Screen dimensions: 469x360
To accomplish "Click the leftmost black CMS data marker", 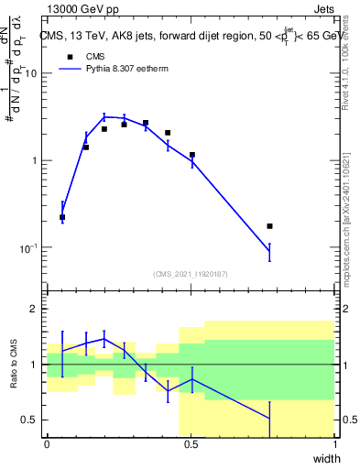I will pos(62,217).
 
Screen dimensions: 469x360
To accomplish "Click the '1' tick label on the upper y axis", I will pos(36,160).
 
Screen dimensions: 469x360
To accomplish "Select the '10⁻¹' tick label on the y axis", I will pos(29,247).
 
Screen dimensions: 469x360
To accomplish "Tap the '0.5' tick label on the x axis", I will pos(191,444).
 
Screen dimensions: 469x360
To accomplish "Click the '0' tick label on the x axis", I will pos(47,444).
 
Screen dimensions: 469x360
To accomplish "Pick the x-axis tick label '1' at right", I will pos(335,444).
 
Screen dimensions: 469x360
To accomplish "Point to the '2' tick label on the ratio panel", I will pos(36,309).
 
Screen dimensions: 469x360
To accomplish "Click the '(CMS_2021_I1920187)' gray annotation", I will pos(191,274).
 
